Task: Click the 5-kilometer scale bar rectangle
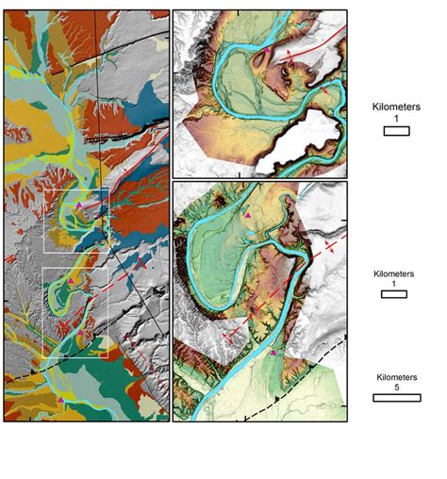pos(396,397)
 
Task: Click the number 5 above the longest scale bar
pos(396,385)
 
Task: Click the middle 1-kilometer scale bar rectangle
pos(392,295)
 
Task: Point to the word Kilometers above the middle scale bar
pos(392,273)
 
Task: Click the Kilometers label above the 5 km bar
pos(396,374)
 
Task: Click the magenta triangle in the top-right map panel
pos(267,48)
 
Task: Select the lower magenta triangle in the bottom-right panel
pos(273,353)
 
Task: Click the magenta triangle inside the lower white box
pos(71,280)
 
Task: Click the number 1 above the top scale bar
pos(396,120)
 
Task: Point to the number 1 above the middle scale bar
pos(392,284)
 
